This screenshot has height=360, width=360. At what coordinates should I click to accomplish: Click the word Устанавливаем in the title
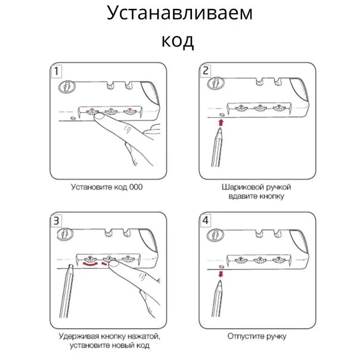179,13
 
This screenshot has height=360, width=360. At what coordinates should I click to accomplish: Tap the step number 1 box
56,72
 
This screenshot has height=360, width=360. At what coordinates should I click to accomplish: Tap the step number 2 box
206,72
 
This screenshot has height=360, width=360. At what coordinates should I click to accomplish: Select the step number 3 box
56,221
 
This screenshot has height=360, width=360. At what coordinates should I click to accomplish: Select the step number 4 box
206,221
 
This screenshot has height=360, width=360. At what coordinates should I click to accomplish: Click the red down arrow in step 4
221,274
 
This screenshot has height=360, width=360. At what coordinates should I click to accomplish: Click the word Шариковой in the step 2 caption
239,187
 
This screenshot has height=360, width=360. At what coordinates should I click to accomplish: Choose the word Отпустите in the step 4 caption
244,336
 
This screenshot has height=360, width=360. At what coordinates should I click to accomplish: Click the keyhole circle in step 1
66,88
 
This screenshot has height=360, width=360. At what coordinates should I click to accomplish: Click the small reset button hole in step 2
221,113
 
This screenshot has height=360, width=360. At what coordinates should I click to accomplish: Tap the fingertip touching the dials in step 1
98,117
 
